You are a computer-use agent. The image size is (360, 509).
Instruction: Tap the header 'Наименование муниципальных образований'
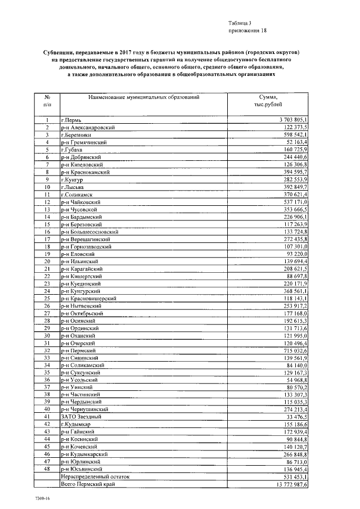pos(143,97)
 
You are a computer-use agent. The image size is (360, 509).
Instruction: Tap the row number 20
pos(48,262)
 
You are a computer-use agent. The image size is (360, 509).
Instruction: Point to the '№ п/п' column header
pos(48,101)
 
